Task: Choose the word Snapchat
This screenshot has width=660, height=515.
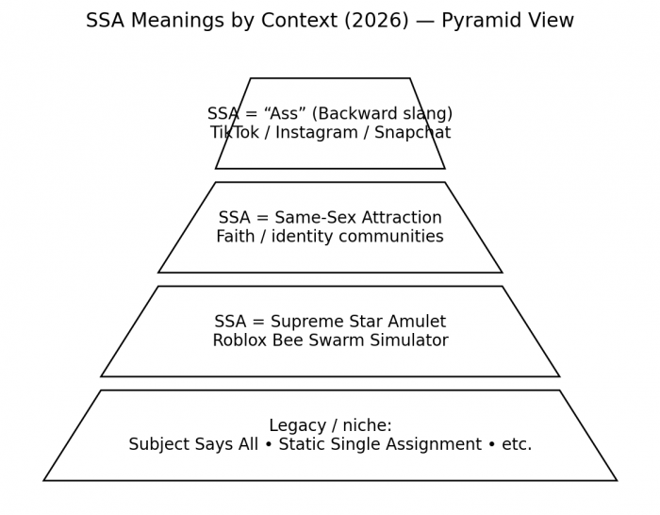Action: click(410, 133)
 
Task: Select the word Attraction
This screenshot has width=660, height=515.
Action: click(397, 218)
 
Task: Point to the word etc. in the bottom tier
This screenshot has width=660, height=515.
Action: click(516, 444)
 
